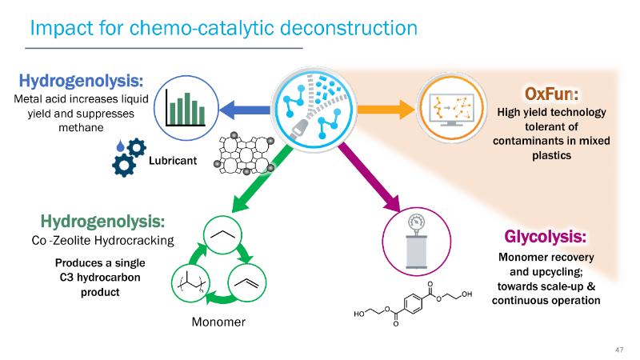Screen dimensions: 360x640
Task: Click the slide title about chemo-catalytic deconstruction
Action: (223, 28)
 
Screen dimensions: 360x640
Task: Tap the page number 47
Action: (618, 350)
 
